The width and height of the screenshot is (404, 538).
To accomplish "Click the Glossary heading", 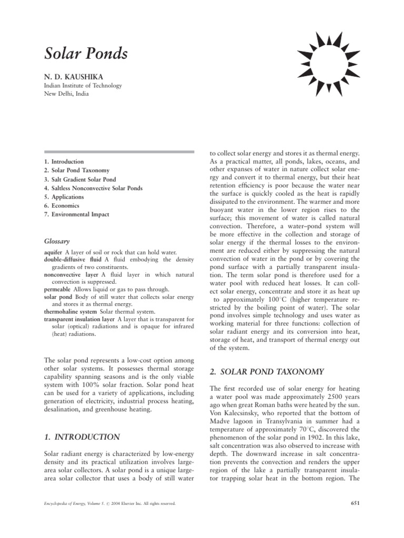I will (x=57, y=241).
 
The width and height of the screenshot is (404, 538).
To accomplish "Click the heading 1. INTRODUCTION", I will (x=82, y=437).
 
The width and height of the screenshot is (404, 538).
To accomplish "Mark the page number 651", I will (x=355, y=504).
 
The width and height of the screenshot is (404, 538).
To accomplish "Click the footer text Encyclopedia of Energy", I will (x=69, y=504).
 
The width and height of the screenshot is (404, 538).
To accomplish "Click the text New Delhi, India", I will (x=66, y=95).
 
